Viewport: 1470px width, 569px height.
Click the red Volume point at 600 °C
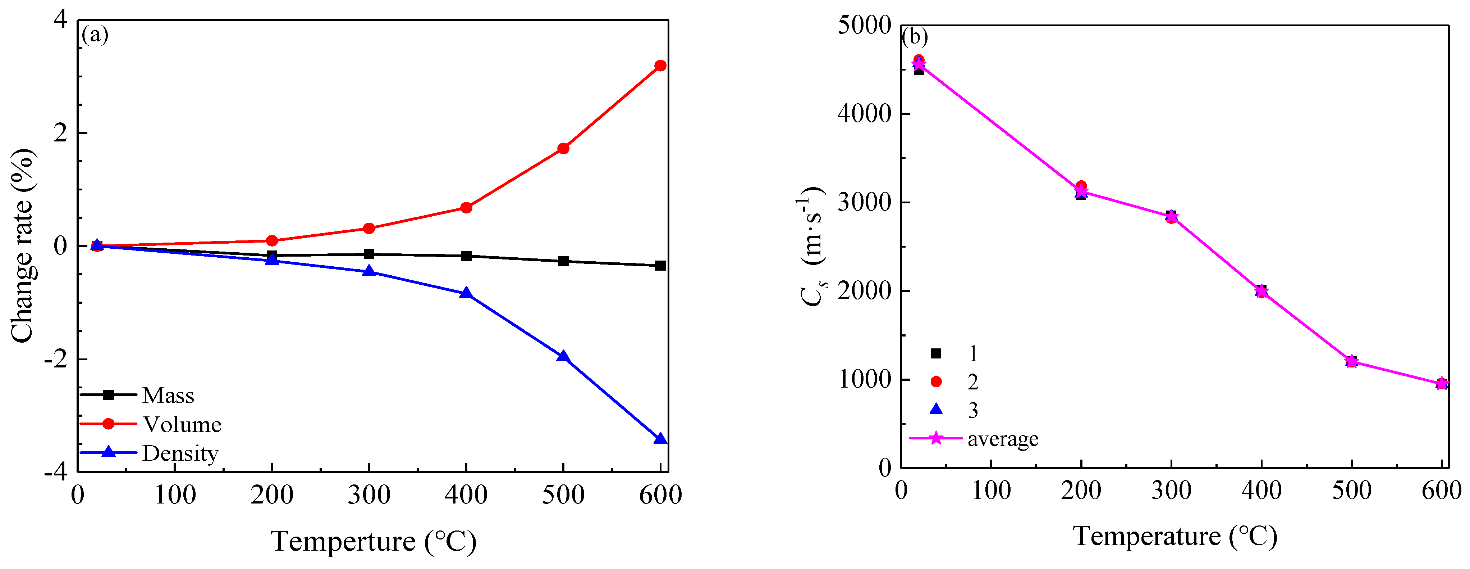pos(660,66)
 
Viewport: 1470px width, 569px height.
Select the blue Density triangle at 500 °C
pos(563,357)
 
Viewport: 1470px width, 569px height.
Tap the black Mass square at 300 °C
pos(369,254)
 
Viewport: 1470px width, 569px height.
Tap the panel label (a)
pos(95,35)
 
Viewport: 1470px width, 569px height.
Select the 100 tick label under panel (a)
pos(175,495)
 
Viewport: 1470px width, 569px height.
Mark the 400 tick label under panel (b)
pos(1261,490)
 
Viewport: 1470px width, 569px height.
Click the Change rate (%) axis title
pos(23,246)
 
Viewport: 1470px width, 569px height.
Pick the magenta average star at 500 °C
pos(1351,361)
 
